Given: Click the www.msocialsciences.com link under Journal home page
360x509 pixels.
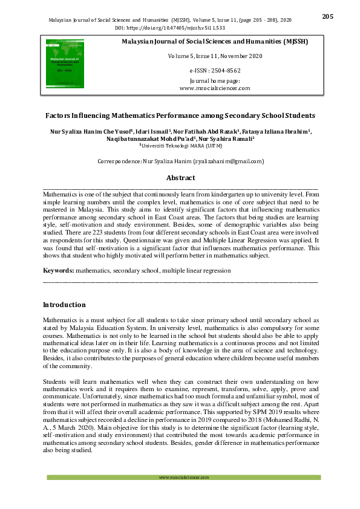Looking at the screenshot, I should click(x=215, y=88).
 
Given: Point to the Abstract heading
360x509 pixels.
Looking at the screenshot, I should click(x=180, y=178).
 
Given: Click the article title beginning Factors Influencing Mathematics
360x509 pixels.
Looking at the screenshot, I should click(x=180, y=115).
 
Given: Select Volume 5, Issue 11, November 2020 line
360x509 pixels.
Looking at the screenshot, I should click(x=215, y=56).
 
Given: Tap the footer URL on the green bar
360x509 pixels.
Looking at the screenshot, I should click(x=183, y=477).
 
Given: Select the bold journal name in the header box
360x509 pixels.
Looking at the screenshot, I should click(x=215, y=42).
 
